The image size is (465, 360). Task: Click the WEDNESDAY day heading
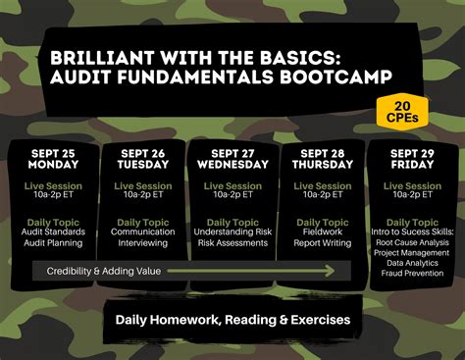click(232, 166)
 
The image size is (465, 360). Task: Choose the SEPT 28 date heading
click(323, 153)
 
